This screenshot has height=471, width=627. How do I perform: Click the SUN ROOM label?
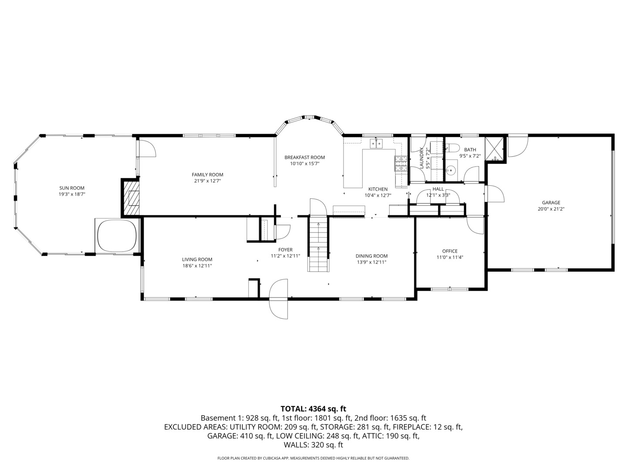click(x=72, y=188)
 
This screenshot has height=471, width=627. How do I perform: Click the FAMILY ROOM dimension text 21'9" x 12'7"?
click(x=207, y=181)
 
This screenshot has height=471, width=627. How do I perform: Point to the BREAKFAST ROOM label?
click(x=304, y=157)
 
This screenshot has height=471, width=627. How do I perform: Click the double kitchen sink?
click(x=376, y=143)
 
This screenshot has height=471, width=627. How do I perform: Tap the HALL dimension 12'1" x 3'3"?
click(x=438, y=195)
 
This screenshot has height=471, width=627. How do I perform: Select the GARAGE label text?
click(x=551, y=202)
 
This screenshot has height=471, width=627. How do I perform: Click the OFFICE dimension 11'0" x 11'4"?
click(x=450, y=257)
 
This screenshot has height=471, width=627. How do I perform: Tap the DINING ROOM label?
click(x=371, y=256)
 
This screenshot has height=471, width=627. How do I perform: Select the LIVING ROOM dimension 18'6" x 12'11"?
click(x=197, y=266)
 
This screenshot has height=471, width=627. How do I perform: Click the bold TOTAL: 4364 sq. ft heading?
click(x=313, y=409)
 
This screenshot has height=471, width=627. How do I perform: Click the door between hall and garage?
click(x=494, y=194)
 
